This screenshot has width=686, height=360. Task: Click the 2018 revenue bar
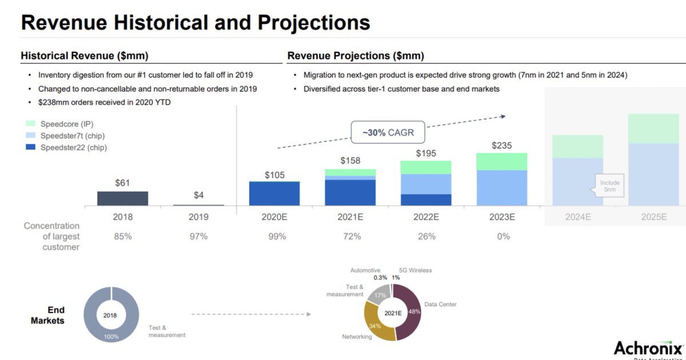click(122, 198)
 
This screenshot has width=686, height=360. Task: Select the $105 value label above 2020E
click(274, 175)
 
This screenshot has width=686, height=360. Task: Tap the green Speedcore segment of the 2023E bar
click(501, 162)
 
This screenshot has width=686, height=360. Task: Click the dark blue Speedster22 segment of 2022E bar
click(426, 199)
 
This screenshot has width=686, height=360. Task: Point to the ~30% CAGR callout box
click(388, 133)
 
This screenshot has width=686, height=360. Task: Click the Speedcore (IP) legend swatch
click(31, 123)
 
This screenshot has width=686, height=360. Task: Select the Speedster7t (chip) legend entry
click(72, 135)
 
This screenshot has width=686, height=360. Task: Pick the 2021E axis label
click(350, 217)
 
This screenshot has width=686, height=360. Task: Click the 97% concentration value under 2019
click(198, 236)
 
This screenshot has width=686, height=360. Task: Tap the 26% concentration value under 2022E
click(426, 236)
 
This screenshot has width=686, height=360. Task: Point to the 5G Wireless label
click(415, 270)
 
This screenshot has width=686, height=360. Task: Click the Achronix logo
click(648, 347)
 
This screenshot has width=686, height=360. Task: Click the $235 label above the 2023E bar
click(501, 146)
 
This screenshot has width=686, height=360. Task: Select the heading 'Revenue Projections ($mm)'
click(356, 55)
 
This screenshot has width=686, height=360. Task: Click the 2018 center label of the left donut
click(111, 314)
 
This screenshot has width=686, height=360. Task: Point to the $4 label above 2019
click(198, 195)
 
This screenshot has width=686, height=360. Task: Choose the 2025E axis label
click(653, 217)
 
